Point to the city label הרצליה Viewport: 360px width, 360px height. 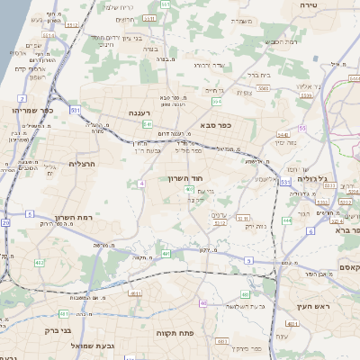point(82,164)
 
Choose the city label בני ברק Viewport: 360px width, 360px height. point(59,330)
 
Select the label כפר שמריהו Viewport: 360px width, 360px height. point(28,110)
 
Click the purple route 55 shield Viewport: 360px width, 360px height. point(302,129)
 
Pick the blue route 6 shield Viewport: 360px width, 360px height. point(310,232)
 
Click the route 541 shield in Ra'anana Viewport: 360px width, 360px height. point(146,124)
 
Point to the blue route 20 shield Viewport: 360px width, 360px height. point(4,221)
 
